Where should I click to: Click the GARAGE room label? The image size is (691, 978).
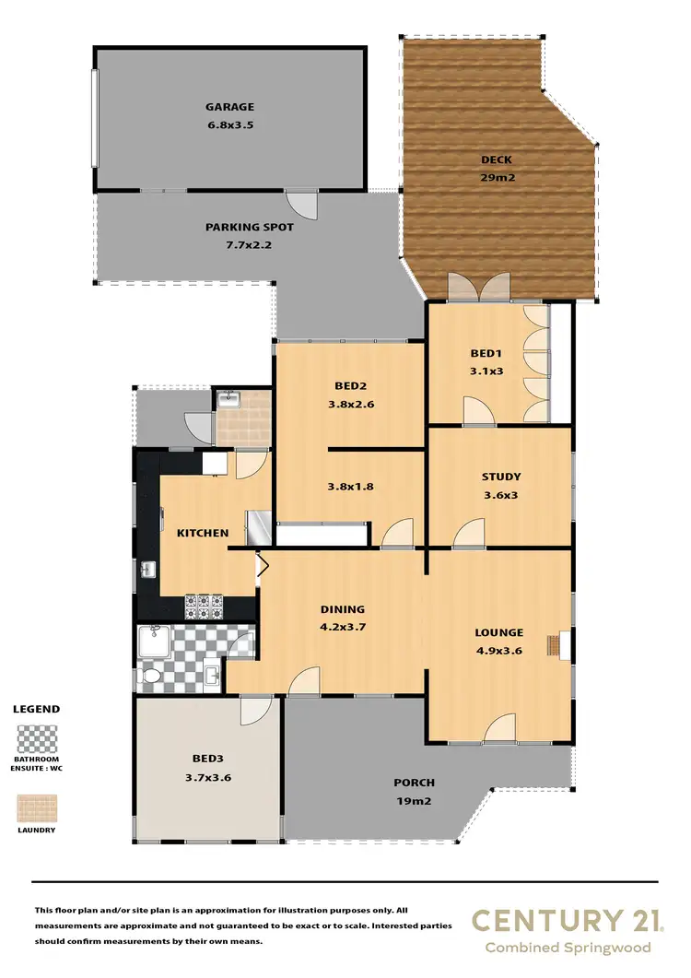(230, 107)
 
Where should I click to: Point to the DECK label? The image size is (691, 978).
(496, 159)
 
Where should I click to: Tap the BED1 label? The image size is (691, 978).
(486, 354)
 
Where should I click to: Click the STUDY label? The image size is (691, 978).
(500, 477)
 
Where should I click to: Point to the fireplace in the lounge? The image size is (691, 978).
(556, 645)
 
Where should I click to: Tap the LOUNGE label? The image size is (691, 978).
(498, 632)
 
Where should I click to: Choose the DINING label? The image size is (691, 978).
(343, 608)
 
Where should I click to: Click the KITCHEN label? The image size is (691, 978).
(202, 533)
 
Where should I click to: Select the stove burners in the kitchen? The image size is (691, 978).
(205, 605)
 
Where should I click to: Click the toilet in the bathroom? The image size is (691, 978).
(152, 678)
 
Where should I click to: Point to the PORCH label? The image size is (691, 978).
(414, 783)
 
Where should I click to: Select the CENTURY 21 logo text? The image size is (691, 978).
(560, 920)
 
